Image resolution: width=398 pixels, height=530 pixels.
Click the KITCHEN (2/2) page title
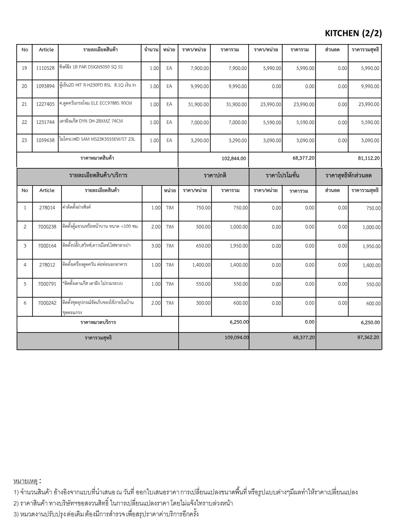(x=353, y=33)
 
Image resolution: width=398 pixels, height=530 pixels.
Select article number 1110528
(x=45, y=68)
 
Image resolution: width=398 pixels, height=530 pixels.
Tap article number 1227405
(x=45, y=104)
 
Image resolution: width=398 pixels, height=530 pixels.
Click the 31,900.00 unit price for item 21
(x=198, y=105)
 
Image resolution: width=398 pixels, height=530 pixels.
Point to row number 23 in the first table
(x=24, y=141)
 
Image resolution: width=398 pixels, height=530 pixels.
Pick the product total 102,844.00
(x=234, y=158)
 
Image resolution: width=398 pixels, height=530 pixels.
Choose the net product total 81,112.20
(x=369, y=158)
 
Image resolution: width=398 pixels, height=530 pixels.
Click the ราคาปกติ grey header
(x=215, y=175)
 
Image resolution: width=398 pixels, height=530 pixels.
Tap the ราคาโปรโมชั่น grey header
(x=282, y=175)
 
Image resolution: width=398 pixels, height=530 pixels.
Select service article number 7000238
(x=47, y=227)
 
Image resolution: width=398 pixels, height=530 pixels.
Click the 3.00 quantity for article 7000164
(x=156, y=246)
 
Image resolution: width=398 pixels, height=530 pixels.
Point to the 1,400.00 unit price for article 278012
(x=201, y=265)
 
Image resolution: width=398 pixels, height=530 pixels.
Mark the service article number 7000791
(x=47, y=284)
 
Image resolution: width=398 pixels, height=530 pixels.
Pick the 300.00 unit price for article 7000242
(x=203, y=303)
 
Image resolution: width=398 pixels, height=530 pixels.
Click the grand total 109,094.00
(x=237, y=338)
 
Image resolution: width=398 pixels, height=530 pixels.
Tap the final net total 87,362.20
(x=368, y=337)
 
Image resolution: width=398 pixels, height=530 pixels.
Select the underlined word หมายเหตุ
(x=25, y=481)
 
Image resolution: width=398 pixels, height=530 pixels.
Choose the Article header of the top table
(x=46, y=50)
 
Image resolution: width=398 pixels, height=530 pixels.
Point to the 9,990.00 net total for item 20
(x=370, y=86)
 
